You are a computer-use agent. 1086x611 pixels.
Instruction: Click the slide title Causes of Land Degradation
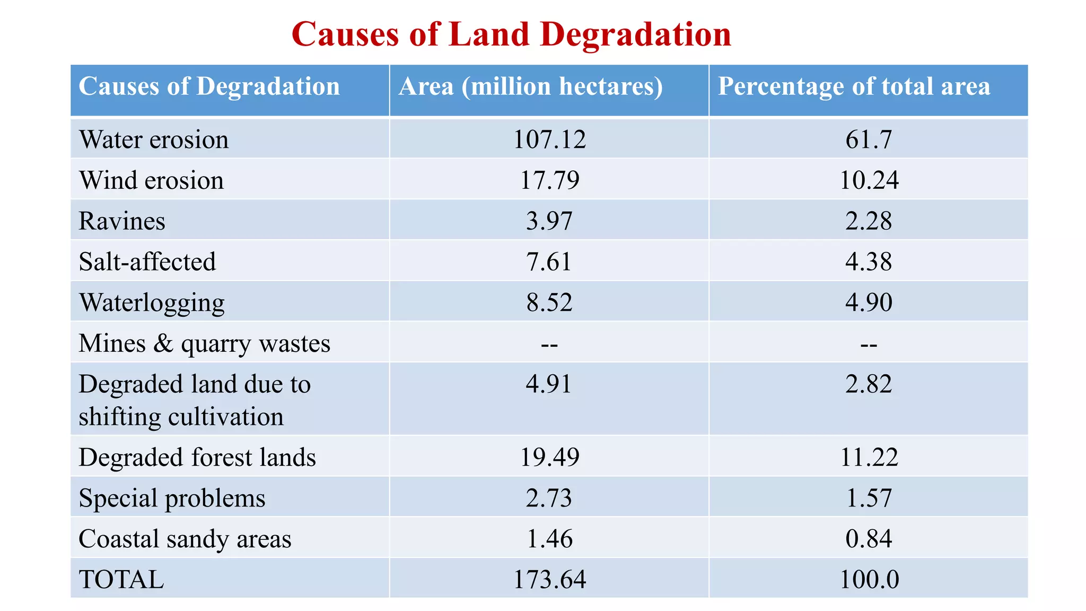tap(511, 34)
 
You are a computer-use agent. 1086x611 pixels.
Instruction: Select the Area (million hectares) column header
tap(530, 86)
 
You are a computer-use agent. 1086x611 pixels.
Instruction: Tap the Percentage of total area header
tap(854, 86)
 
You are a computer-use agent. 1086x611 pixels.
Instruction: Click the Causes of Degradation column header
tap(209, 86)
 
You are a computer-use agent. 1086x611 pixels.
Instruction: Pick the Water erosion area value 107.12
tap(549, 139)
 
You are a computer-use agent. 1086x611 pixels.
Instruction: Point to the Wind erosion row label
tap(151, 180)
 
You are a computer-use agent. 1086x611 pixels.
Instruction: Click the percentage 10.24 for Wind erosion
tap(869, 180)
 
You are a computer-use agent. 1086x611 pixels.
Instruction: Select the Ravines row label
tap(122, 221)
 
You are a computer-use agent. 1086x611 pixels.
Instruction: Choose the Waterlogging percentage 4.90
tap(869, 302)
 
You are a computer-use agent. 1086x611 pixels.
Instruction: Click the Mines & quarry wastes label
tap(204, 344)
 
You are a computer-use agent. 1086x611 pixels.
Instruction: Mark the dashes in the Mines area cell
tap(549, 345)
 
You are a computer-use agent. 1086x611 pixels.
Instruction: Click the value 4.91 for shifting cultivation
tap(549, 384)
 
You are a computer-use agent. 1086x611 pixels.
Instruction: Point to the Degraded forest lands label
tap(197, 457)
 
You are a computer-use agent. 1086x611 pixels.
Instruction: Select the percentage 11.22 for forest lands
tap(869, 457)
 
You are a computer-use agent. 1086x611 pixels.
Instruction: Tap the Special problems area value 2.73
tap(549, 498)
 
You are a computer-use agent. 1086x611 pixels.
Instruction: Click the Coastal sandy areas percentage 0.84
tap(869, 539)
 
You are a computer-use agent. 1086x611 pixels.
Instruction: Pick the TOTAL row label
tap(121, 579)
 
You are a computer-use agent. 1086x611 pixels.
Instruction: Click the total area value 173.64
tap(549, 579)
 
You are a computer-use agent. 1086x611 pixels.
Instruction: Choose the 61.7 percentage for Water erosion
tap(869, 139)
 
